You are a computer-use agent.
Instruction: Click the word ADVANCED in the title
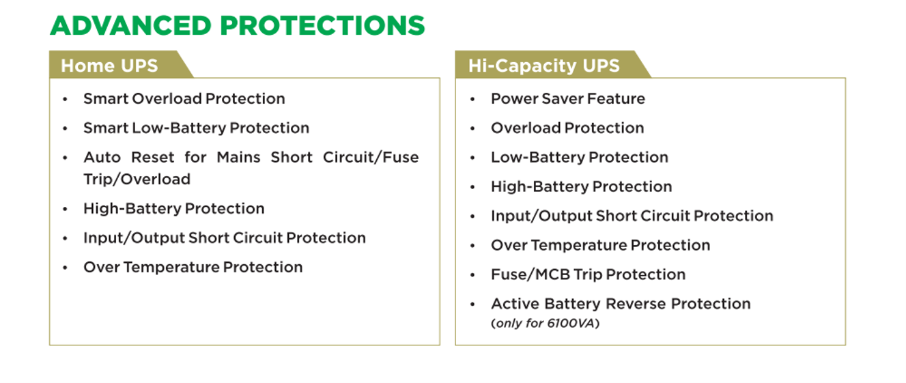[x=130, y=25]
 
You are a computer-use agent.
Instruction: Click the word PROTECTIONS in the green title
[x=323, y=25]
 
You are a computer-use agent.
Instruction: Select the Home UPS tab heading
[x=109, y=66]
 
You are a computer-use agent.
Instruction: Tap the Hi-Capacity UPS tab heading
[x=543, y=66]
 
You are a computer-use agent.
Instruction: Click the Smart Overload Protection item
[x=184, y=99]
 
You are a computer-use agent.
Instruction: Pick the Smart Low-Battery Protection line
[x=196, y=128]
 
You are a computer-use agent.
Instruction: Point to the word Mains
[x=238, y=157]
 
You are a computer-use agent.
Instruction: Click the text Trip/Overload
[x=137, y=179]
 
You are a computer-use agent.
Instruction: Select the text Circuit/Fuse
[x=371, y=157]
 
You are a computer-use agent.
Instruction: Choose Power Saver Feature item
[x=568, y=99]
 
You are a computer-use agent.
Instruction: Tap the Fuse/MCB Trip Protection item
[x=588, y=274]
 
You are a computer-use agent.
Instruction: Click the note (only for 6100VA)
[x=546, y=324]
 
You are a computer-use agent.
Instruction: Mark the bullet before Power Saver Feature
[x=472, y=100]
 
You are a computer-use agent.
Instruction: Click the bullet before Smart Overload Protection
[x=65, y=100]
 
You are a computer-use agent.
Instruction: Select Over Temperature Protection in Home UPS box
[x=193, y=268]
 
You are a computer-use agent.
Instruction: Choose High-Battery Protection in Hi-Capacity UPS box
[x=581, y=187]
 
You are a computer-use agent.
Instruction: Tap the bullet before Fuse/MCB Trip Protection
[x=472, y=275]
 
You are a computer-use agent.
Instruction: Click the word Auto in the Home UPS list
[x=102, y=157]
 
